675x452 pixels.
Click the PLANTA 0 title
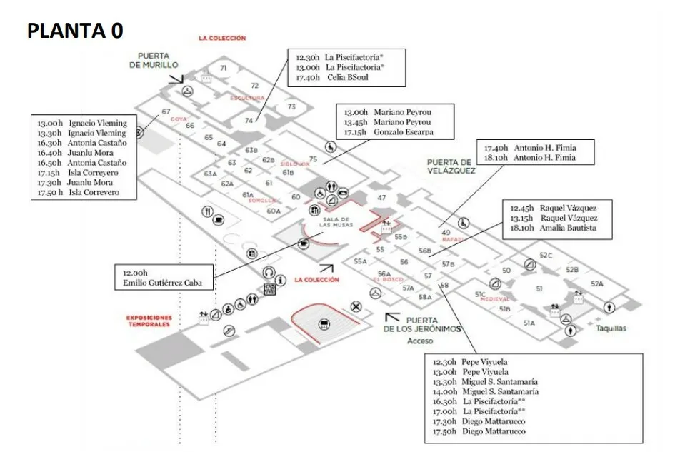75,30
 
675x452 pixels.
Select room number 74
249,121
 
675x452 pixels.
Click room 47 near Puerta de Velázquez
382,197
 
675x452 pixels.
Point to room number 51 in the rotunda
539,288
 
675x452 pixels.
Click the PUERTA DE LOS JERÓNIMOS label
421,325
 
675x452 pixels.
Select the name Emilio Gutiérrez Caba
162,283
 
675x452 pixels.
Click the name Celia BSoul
348,77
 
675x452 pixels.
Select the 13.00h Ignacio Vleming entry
82,123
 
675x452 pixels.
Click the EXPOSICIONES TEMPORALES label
149,321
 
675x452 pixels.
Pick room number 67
166,111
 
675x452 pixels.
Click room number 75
313,159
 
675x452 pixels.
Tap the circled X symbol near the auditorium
356,307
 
